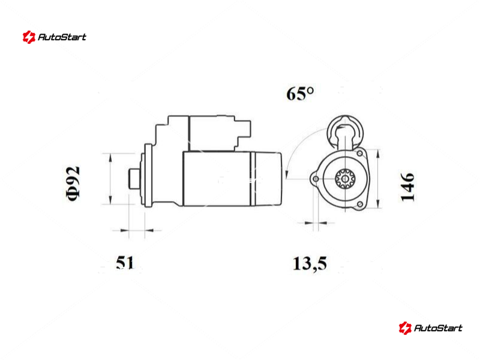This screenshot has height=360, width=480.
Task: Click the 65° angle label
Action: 300,94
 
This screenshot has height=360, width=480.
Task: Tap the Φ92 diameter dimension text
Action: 73,184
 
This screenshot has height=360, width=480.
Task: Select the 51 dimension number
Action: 125,263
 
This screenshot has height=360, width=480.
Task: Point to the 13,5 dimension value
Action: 310,263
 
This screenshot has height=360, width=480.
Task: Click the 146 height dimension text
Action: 407,187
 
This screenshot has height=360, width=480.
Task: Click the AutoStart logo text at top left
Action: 62,37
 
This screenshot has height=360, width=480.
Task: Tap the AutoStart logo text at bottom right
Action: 438,328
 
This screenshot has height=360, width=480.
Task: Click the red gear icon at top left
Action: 29,37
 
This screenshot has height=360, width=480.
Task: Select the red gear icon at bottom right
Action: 405,328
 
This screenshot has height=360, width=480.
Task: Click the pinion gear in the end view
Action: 345,179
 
